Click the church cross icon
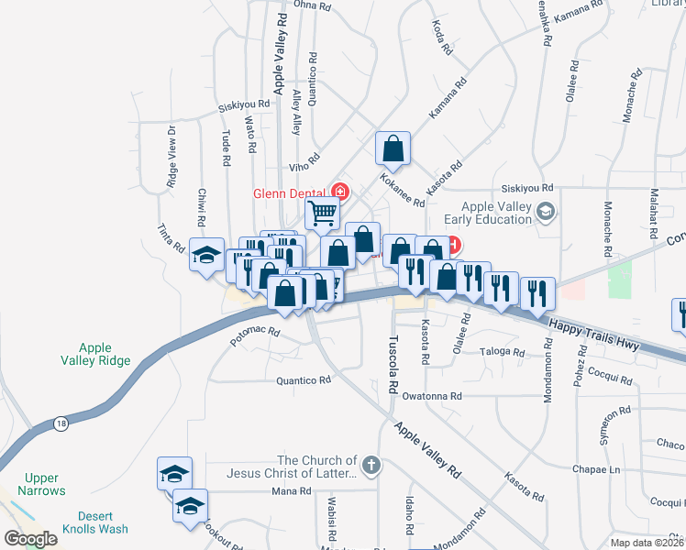370,466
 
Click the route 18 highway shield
61,422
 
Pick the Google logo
31,539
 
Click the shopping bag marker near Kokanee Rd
393,149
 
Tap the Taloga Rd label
501,351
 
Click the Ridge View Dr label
171,157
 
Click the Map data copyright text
647,543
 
